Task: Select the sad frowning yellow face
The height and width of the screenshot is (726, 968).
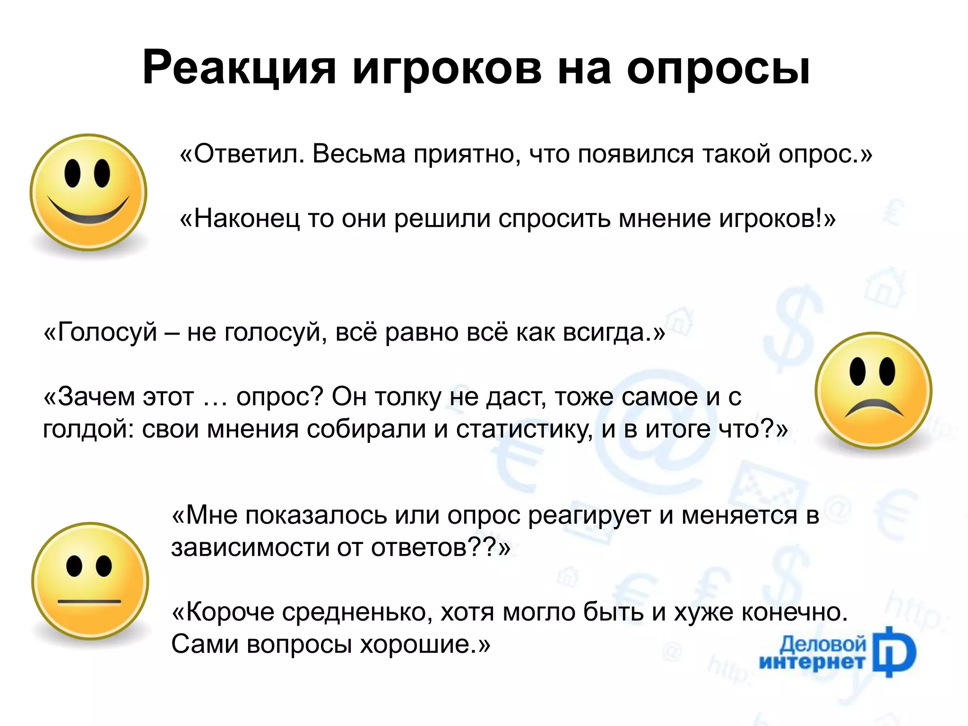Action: pyautogui.click(x=873, y=390)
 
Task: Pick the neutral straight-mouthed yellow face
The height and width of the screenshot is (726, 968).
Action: pyautogui.click(x=90, y=581)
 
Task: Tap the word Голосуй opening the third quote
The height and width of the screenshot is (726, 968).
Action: pyautogui.click(x=107, y=332)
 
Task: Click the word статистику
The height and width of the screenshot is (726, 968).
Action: pyautogui.click(x=524, y=430)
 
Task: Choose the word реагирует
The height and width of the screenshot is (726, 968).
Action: pyautogui.click(x=589, y=516)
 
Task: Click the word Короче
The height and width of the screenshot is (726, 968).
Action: pyautogui.click(x=229, y=612)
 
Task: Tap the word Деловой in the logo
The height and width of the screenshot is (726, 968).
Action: pyautogui.click(x=823, y=644)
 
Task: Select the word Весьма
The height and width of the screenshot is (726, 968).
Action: pyautogui.click(x=359, y=154)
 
